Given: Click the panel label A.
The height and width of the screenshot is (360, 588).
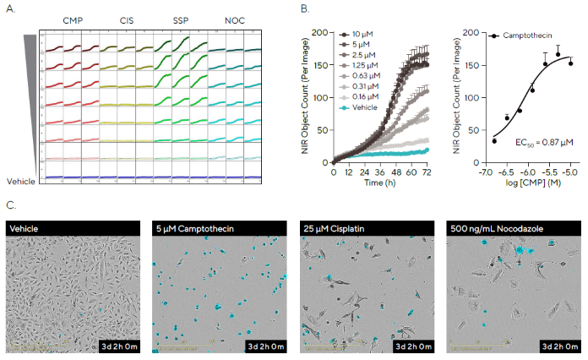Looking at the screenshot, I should tap(9, 9).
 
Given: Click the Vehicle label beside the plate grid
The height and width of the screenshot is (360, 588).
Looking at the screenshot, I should tap(22, 181).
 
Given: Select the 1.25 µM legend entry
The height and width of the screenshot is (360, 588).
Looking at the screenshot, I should tap(368, 65).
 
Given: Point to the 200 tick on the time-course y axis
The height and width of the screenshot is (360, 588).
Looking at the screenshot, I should tap(321, 32).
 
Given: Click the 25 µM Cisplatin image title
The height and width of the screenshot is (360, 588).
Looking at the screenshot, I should tap(339, 227).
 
